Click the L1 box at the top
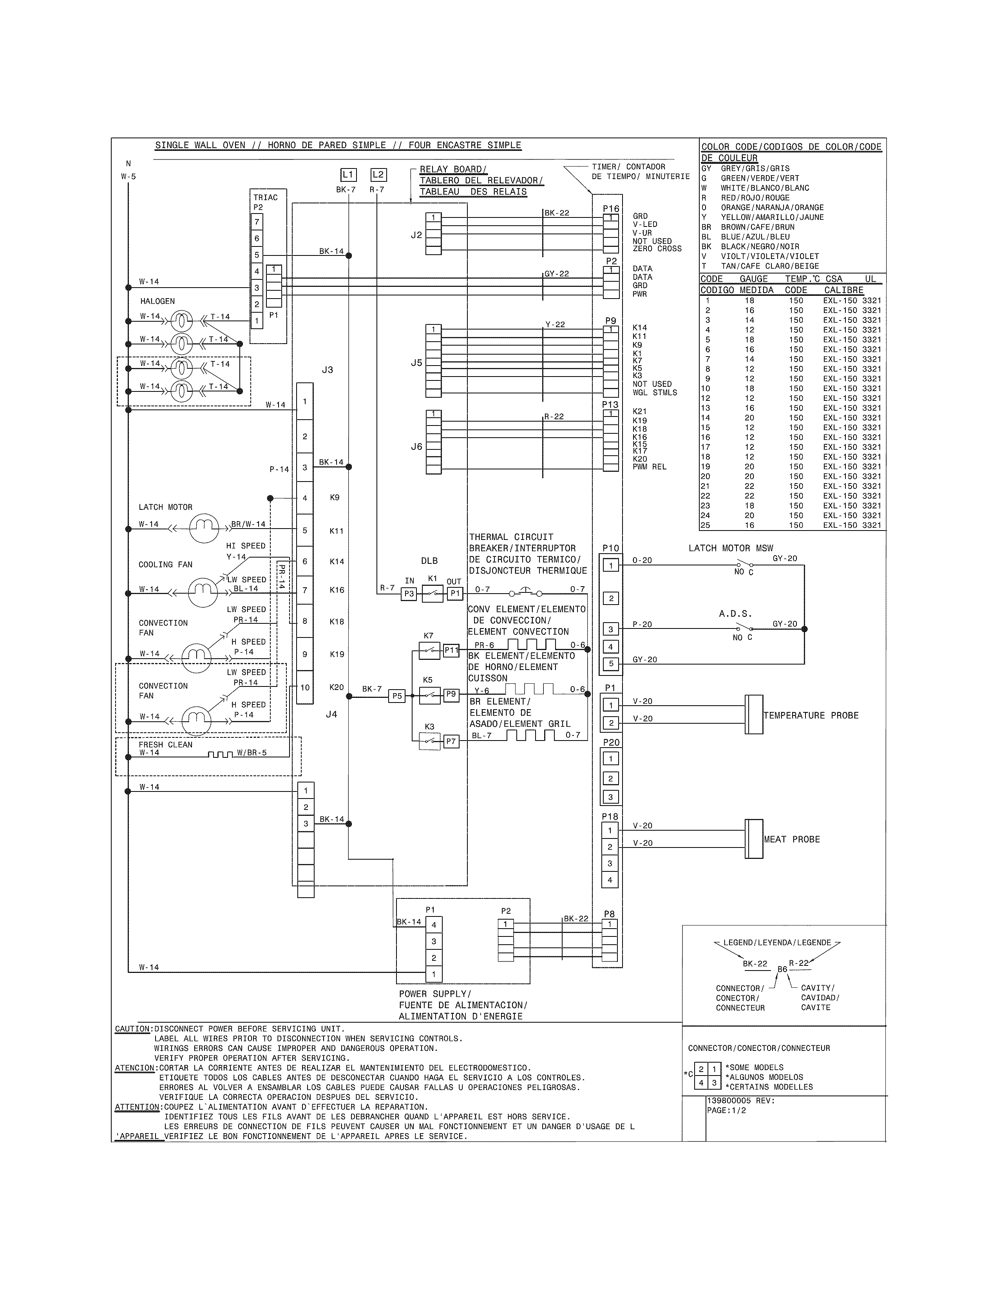point(348,175)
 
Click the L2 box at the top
point(378,175)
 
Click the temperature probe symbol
point(754,715)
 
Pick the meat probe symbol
point(754,839)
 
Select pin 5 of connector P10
point(611,664)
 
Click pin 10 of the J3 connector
point(305,687)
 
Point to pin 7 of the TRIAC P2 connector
point(257,222)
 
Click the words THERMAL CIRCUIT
point(511,537)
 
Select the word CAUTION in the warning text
point(132,1029)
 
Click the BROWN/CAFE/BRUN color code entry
point(758,227)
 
